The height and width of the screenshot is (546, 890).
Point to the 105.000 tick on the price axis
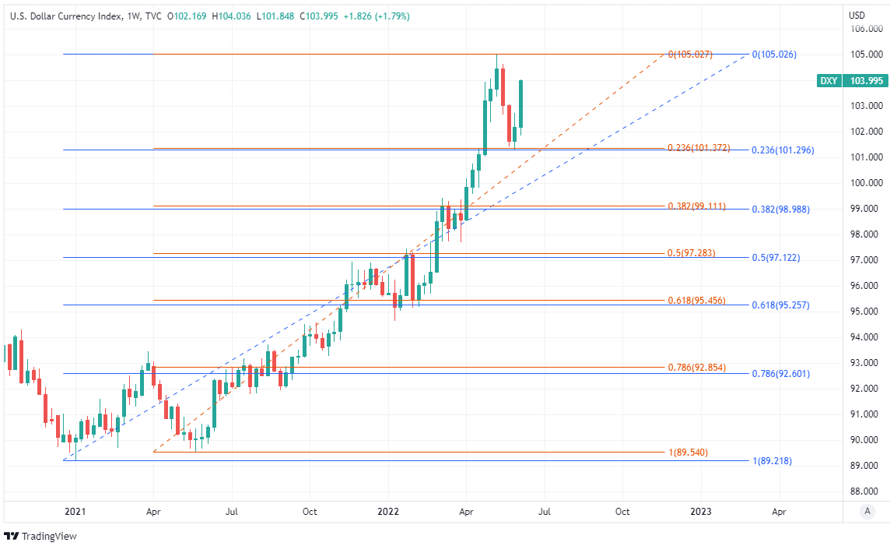click(867, 55)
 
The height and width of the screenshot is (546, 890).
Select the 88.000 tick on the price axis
click(867, 491)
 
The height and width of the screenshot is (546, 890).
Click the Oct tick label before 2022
click(309, 512)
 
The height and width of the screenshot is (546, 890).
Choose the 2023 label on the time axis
click(701, 512)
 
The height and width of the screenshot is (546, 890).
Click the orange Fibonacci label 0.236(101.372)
click(699, 148)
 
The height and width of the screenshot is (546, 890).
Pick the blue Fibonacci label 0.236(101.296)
click(783, 150)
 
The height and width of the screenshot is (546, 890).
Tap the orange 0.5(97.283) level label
click(691, 253)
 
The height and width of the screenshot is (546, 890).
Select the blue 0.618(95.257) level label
click(780, 305)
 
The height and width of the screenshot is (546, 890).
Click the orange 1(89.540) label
click(688, 453)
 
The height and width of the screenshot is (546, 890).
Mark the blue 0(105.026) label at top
click(774, 55)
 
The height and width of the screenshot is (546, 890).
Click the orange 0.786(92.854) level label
click(696, 367)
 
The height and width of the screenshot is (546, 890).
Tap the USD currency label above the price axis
click(857, 16)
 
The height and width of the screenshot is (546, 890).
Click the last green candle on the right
click(520, 103)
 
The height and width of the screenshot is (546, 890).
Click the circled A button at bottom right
click(867, 511)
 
